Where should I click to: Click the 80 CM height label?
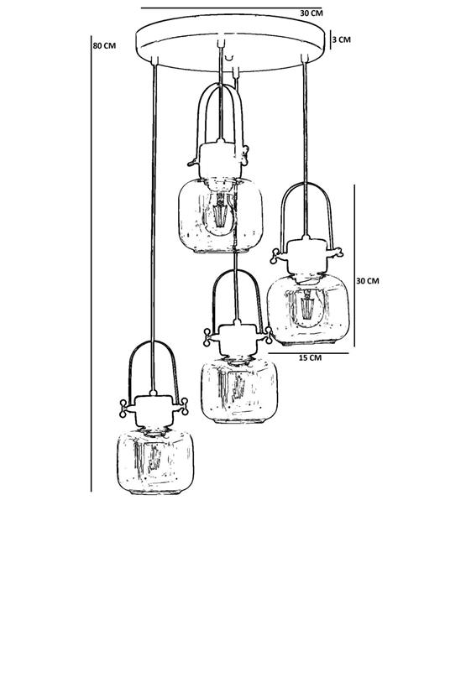[x=104, y=45]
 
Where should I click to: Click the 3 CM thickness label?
[x=342, y=39]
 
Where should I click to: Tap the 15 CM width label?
[x=310, y=358]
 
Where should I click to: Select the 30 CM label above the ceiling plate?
[x=311, y=13]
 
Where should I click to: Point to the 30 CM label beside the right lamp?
[x=368, y=281]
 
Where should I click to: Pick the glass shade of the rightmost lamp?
[x=308, y=310]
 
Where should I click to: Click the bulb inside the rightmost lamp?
[x=307, y=307]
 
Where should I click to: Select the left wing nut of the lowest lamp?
[x=123, y=408]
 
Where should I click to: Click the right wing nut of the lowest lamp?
[x=184, y=406]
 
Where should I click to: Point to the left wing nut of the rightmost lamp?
[x=275, y=257]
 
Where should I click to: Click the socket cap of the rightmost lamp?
[x=307, y=256]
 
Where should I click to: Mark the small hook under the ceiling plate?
[x=230, y=57]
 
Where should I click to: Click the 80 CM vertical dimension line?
[x=92, y=263]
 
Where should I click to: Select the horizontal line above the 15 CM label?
[x=308, y=353]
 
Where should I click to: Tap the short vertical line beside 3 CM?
[x=330, y=39]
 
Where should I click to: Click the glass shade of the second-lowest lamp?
[x=239, y=390]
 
